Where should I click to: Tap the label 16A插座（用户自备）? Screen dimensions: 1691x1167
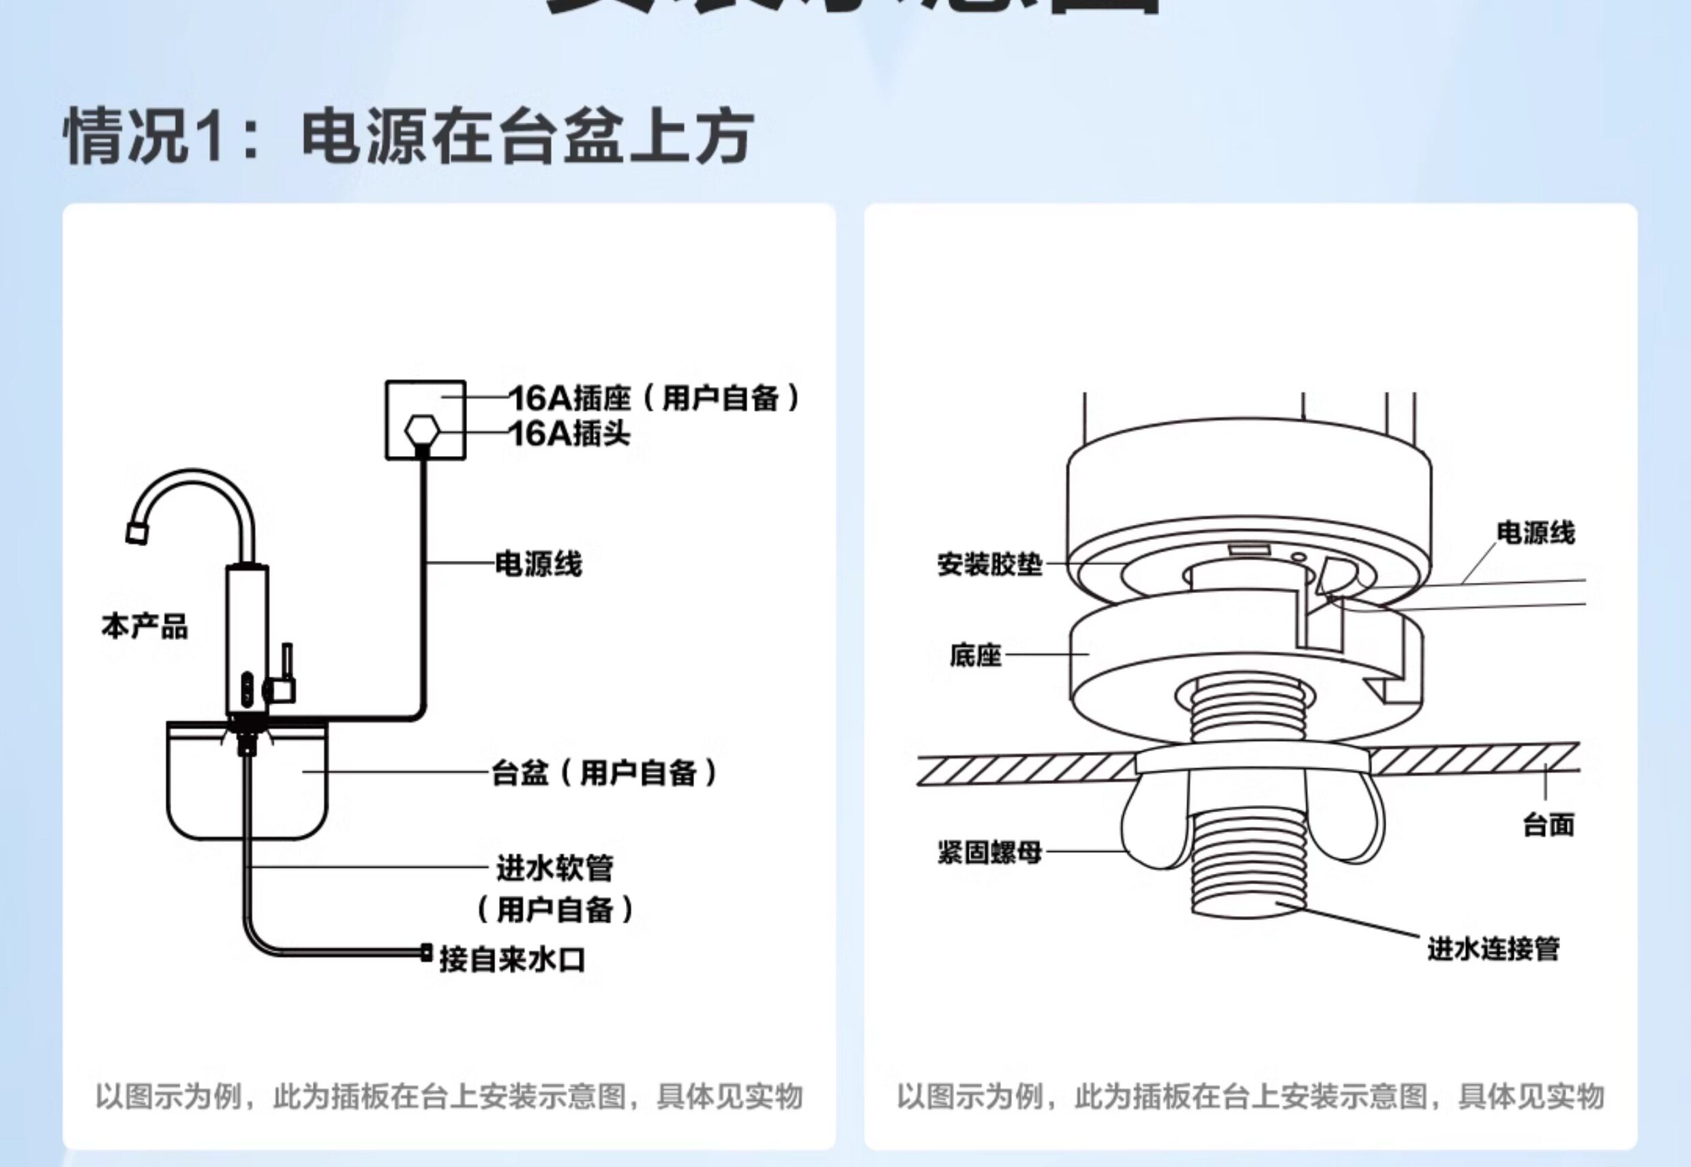click(654, 399)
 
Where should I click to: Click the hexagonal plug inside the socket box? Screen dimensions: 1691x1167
click(422, 431)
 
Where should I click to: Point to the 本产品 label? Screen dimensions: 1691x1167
click(144, 626)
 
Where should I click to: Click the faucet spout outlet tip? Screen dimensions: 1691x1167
click(137, 533)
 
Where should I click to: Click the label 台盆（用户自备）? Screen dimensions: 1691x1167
click(604, 772)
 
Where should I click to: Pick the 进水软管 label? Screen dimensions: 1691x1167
click(554, 868)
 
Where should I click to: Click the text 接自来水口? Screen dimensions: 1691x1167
click(512, 959)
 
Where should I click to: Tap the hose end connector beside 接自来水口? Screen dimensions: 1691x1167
click(425, 952)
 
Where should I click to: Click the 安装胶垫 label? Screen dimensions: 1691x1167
click(989, 564)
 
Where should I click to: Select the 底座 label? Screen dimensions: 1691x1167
click(975, 655)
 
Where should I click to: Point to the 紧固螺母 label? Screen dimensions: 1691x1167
click(989, 852)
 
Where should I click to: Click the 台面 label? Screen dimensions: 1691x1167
click(1548, 825)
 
